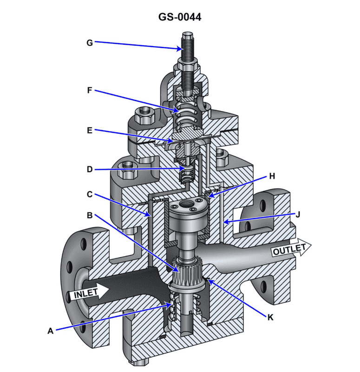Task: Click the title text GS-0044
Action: point(180,17)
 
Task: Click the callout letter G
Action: point(90,43)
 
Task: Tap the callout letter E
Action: point(90,131)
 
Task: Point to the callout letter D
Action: point(90,170)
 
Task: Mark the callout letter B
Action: point(90,215)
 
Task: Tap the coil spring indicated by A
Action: point(173,307)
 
